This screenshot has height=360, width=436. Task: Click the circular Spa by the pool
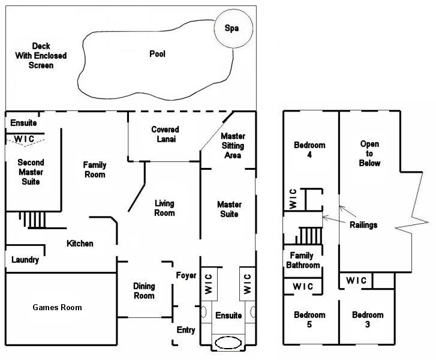pyautogui.click(x=231, y=28)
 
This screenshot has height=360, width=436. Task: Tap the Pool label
pyautogui.click(x=157, y=54)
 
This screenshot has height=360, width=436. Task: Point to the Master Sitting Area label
pyautogui.click(x=233, y=146)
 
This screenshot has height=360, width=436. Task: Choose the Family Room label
pyautogui.click(x=94, y=170)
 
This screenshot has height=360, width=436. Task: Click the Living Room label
pyautogui.click(x=164, y=208)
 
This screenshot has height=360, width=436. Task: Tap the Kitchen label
pyautogui.click(x=80, y=244)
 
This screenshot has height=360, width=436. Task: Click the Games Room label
pyautogui.click(x=57, y=307)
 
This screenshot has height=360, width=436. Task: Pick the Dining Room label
pyautogui.click(x=144, y=291)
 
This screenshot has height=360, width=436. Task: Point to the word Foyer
pyautogui.click(x=186, y=275)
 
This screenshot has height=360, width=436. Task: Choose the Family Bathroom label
pyautogui.click(x=301, y=260)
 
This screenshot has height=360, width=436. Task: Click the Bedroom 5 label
pyautogui.click(x=309, y=320)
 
